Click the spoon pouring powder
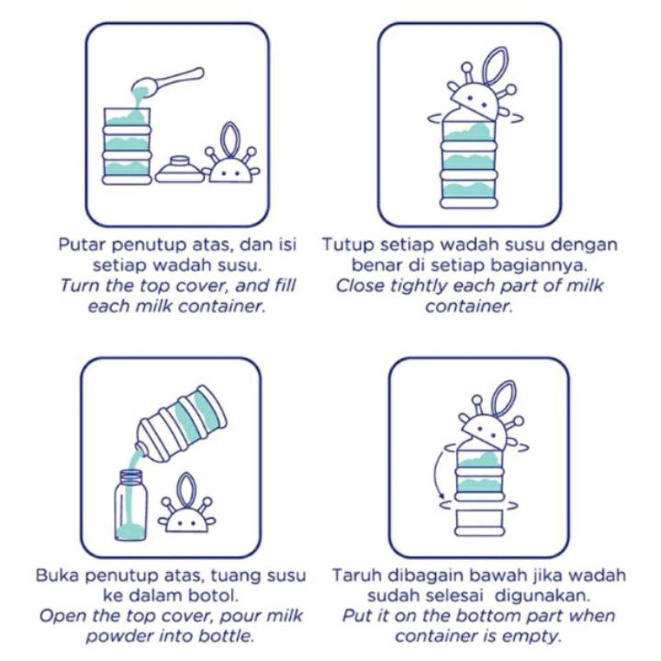[169, 83]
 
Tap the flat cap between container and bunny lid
[180, 170]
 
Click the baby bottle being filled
[131, 505]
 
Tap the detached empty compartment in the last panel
[480, 522]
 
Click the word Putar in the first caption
[83, 244]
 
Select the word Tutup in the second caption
[348, 245]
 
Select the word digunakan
[542, 597]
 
